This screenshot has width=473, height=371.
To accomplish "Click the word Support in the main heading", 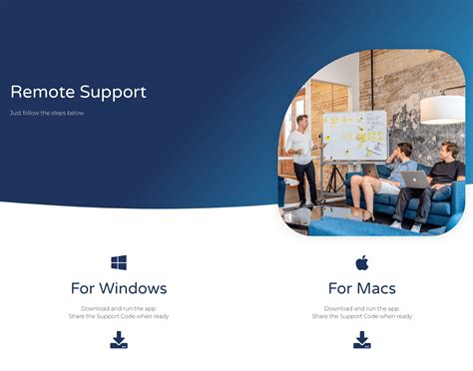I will pyautogui.click(x=113, y=93).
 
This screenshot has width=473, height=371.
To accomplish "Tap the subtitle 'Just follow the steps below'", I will pyautogui.click(x=46, y=114).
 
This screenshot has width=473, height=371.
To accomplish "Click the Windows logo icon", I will pyautogui.click(x=119, y=263).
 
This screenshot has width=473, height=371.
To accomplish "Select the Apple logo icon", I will pyautogui.click(x=361, y=263).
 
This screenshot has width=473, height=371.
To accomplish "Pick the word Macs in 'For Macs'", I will pyautogui.click(x=376, y=288).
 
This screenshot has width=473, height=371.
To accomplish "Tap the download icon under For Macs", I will pyautogui.click(x=361, y=341).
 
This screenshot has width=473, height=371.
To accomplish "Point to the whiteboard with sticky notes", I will pyautogui.click(x=354, y=134).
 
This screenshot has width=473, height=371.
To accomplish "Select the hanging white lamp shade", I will pyautogui.click(x=442, y=109).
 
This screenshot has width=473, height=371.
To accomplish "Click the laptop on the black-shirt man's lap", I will pyautogui.click(x=414, y=181).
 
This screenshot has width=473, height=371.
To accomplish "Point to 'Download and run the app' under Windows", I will pyautogui.click(x=119, y=308).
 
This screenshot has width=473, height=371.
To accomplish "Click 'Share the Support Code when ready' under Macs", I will pyautogui.click(x=361, y=316).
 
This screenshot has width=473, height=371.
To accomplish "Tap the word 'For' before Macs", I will pyautogui.click(x=340, y=288).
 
